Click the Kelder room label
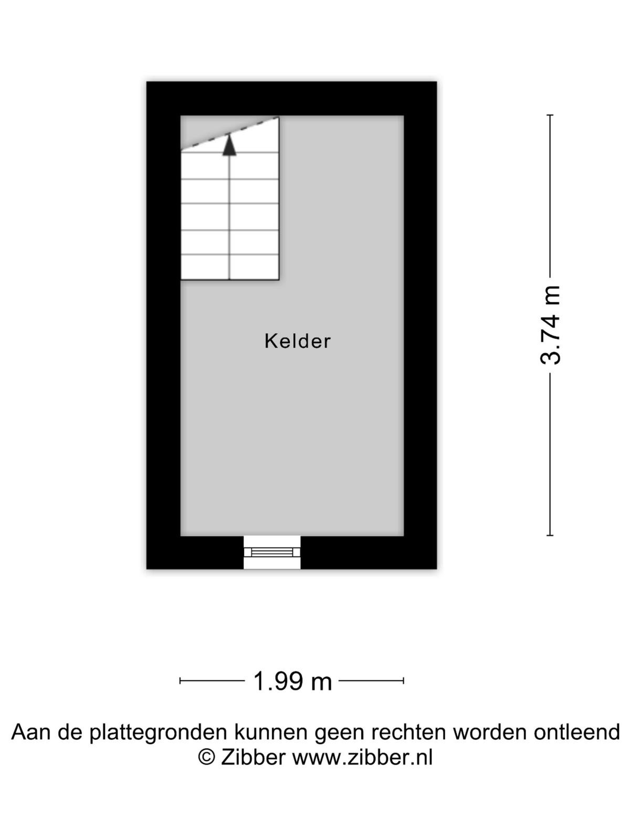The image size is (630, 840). point(297,341)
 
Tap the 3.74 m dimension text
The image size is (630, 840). point(550,325)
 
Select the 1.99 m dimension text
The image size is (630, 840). point(292,681)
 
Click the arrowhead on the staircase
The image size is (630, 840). point(229,145)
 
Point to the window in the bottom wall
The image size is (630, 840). point(272,552)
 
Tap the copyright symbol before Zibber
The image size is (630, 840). point(206,757)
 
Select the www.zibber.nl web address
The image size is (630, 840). point(363,757)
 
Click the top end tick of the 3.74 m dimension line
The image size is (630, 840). point(550,115)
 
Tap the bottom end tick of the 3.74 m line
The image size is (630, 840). point(550,535)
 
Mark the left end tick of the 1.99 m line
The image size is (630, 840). point(180,681)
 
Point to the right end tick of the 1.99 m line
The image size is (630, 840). point(404,681)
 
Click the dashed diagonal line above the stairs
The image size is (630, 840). point(229,133)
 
